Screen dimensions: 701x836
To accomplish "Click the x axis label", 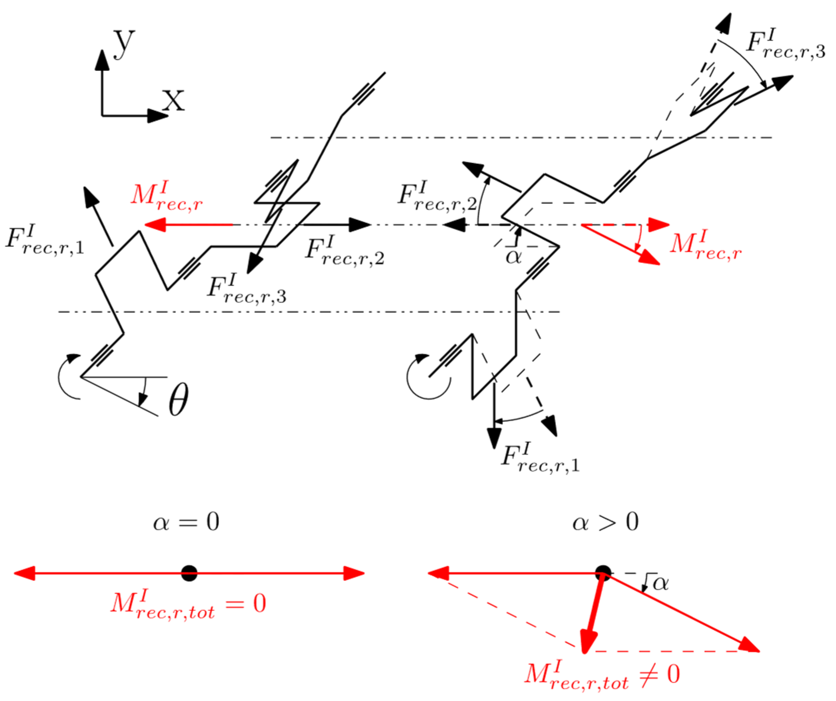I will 173,99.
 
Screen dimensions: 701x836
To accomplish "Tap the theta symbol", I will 178,399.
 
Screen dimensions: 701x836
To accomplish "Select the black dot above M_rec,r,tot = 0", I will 189,573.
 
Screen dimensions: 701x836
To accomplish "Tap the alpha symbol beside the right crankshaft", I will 514,257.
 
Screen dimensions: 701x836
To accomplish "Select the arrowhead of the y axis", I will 102,60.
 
